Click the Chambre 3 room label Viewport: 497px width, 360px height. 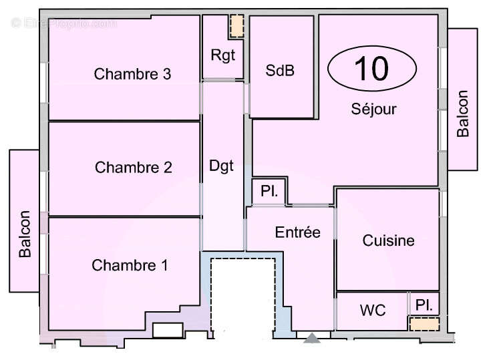[132, 74]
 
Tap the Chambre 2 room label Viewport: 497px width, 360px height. [133, 167]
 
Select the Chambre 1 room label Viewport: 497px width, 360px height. [130, 265]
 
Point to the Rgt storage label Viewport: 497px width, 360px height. [223, 55]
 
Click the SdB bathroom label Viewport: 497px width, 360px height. [280, 71]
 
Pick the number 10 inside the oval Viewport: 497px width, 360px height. [371, 68]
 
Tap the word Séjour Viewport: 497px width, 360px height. [373, 109]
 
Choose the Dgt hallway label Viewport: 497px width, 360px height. [222, 166]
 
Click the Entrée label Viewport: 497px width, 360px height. [298, 232]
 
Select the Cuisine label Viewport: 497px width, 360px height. [388, 240]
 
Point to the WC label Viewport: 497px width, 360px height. [372, 311]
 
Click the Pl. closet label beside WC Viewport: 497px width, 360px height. [424, 305]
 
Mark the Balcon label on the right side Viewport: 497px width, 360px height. [462, 114]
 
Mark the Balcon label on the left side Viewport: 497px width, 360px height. [25, 234]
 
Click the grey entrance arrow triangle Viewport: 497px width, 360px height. [312, 339]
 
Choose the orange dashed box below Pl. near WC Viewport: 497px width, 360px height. [424, 324]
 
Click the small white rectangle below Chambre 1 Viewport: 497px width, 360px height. [168, 330]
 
